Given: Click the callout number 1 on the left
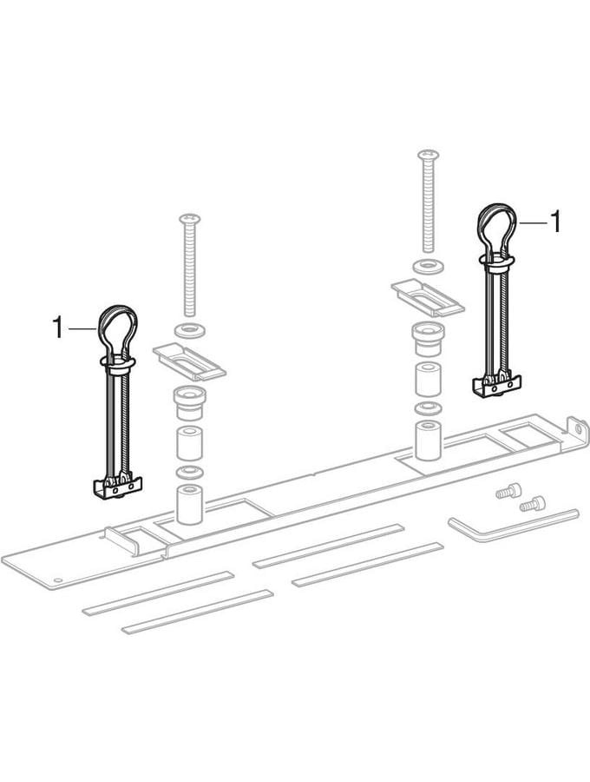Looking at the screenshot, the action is click(58, 328).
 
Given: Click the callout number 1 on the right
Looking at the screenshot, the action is click(554, 221).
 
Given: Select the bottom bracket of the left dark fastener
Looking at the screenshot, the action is click(117, 487).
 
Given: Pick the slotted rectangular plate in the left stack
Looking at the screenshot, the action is click(189, 361).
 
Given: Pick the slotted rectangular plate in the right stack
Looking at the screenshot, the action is click(428, 298).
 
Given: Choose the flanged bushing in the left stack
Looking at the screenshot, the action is click(189, 402).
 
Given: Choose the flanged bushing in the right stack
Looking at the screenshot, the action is click(428, 339).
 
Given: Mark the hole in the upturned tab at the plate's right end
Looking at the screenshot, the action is click(578, 427).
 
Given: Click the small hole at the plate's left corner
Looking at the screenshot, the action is click(58, 580).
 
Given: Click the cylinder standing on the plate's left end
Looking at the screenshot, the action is click(190, 504).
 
